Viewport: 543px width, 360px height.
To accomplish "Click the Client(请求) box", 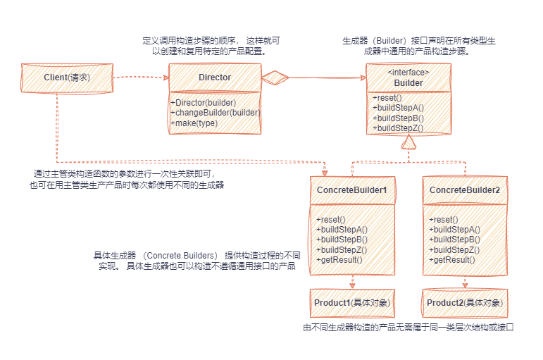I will [67, 77].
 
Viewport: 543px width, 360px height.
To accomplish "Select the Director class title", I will [214, 77].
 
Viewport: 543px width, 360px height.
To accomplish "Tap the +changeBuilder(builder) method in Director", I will [216, 113].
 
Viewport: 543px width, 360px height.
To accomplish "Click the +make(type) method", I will [194, 123].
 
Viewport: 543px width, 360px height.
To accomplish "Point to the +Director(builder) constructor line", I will [204, 103].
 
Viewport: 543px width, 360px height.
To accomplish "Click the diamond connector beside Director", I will [275, 77].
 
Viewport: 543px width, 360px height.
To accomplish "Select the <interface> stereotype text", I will [408, 72].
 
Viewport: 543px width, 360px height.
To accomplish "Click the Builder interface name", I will [408, 82].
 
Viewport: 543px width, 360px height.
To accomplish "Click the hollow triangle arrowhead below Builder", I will [409, 142].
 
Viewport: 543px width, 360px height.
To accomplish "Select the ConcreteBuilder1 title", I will [351, 190].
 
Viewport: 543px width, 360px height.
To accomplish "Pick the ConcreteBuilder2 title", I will [464, 190].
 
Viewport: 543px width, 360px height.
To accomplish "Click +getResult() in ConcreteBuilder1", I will [339, 259].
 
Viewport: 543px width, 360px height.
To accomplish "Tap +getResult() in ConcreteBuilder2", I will [452, 259].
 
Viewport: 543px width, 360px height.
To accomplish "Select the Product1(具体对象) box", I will [351, 302].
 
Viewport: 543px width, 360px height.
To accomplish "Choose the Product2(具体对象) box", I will [464, 302].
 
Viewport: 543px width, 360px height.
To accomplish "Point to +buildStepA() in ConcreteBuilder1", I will [342, 230].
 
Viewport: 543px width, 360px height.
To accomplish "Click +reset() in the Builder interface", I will [387, 97].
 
